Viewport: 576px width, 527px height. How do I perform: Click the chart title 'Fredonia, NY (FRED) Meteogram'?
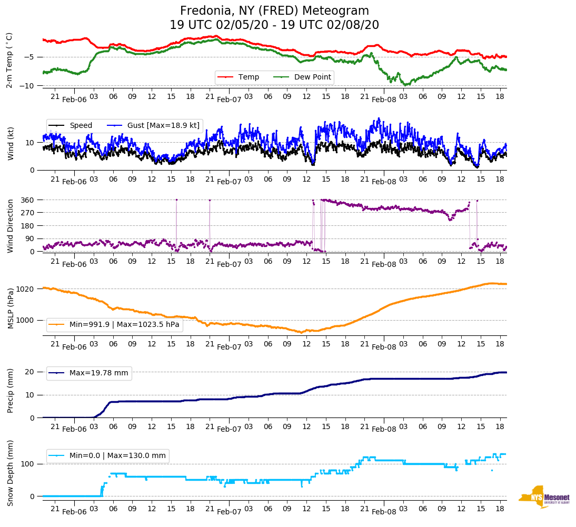pos(274,11)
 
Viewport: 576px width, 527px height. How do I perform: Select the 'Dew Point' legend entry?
pos(312,77)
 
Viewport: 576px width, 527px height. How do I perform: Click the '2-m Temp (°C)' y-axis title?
pos(9,60)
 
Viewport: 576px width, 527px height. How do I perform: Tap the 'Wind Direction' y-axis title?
pos(11,225)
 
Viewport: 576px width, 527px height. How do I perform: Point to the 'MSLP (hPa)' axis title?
pos(11,309)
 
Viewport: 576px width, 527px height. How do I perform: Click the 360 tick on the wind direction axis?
pos(29,200)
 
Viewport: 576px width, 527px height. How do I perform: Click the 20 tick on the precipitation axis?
pos(31,372)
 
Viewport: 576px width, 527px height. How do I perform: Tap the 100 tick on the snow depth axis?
pos(28,464)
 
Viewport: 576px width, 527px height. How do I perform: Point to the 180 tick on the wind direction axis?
pos(29,226)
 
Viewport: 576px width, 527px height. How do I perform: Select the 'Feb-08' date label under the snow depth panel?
pos(384,512)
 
